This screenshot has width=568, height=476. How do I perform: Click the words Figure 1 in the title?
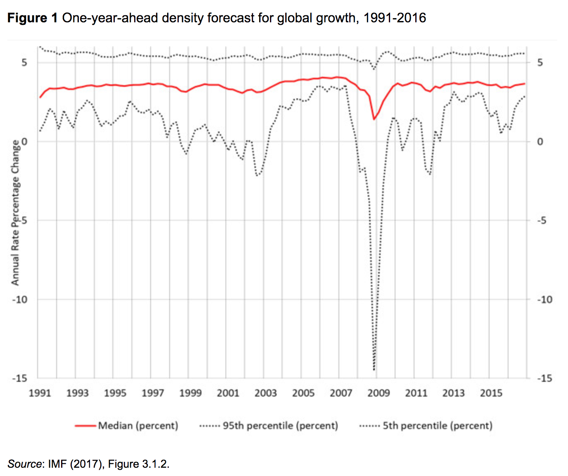pyautogui.click(x=33, y=18)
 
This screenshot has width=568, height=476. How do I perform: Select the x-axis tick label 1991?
pyautogui.click(x=40, y=393)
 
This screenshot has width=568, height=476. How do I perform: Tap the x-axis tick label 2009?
pyautogui.click(x=378, y=393)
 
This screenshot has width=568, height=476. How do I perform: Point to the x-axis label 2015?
pyautogui.click(x=491, y=393)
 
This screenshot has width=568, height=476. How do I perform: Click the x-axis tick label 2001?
pyautogui.click(x=228, y=393)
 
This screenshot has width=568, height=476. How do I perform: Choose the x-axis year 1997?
pyautogui.click(x=153, y=393)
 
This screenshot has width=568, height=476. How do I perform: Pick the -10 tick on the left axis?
pyautogui.click(x=19, y=300)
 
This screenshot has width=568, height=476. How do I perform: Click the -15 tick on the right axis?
pyautogui.click(x=544, y=378)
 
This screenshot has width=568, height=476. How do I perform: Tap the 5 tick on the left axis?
pyautogui.click(x=24, y=63)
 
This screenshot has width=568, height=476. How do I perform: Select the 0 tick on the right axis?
pyautogui.click(x=540, y=142)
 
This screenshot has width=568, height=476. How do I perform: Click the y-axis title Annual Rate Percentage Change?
pyautogui.click(x=15, y=212)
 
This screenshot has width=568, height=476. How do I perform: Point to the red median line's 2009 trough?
pyautogui.click(x=374, y=119)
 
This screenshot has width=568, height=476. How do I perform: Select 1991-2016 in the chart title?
pyautogui.click(x=395, y=18)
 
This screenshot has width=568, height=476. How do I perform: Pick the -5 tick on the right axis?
pyautogui.click(x=542, y=221)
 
